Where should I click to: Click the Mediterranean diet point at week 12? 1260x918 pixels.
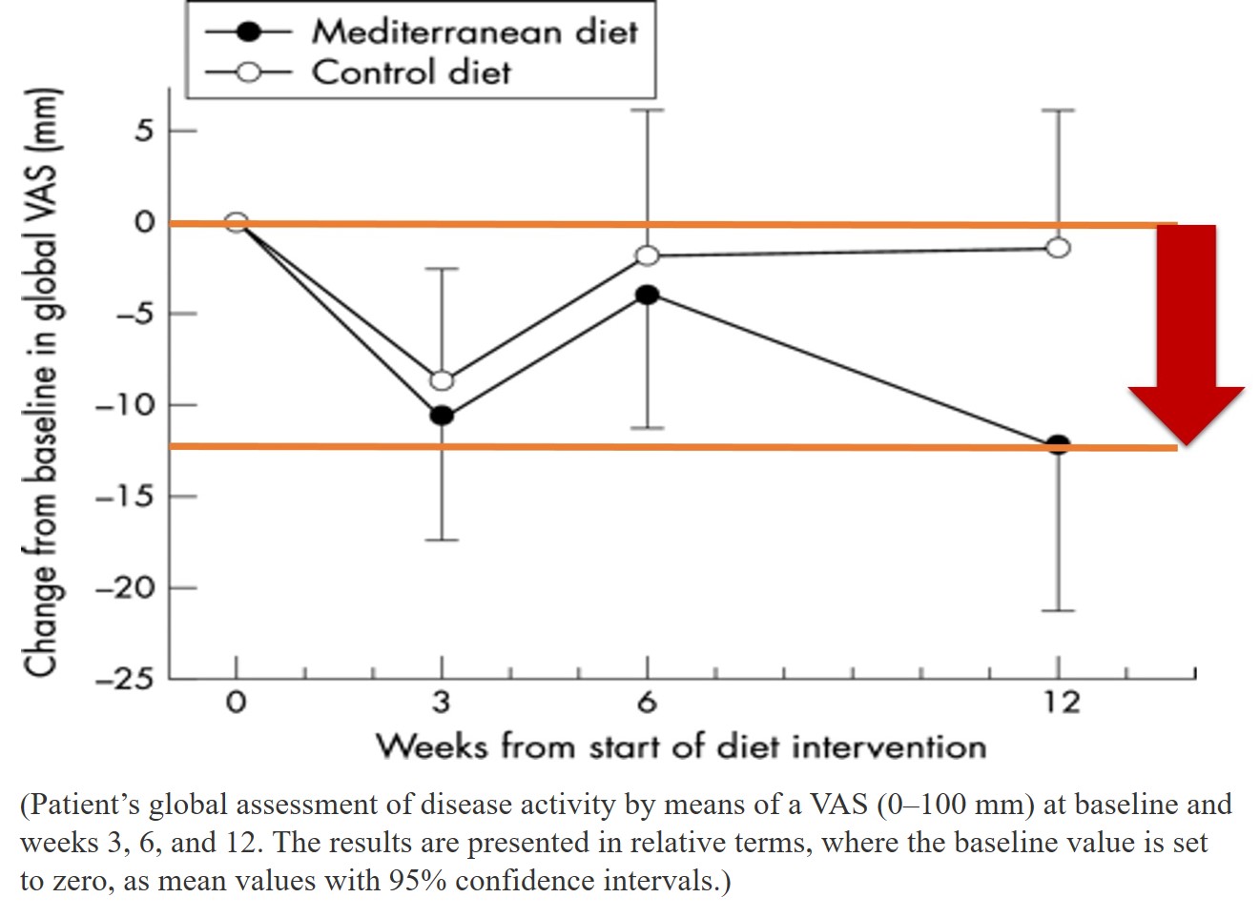(1058, 445)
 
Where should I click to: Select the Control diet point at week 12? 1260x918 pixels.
(1058, 248)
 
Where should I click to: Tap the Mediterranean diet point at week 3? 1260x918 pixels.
(442, 416)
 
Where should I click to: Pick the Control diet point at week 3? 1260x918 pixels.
(442, 380)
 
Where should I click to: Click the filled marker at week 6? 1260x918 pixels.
(648, 295)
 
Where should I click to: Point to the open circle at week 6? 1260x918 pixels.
(648, 255)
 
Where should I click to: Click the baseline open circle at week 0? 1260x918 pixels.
(237, 222)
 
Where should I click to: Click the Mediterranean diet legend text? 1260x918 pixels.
(474, 31)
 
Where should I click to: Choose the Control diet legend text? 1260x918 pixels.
(411, 72)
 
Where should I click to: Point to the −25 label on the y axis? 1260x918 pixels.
(124, 679)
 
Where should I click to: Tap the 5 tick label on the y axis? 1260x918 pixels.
(143, 131)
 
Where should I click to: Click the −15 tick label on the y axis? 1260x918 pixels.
(124, 497)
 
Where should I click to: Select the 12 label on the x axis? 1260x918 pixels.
(1060, 703)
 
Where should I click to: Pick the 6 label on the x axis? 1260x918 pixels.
(648, 703)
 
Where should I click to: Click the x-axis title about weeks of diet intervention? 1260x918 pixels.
(680, 745)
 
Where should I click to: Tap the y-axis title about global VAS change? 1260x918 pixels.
(42, 381)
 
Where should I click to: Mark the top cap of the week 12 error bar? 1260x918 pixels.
(1058, 111)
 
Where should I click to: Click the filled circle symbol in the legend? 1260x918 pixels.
(248, 31)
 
